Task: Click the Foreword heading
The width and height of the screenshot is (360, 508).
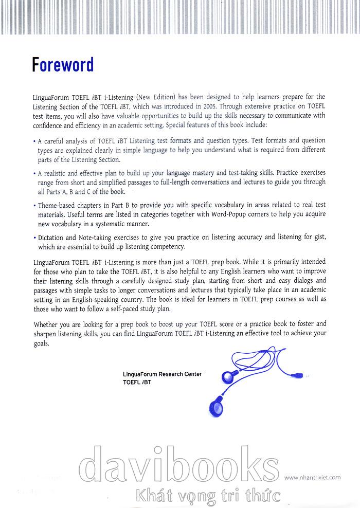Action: (x=63, y=65)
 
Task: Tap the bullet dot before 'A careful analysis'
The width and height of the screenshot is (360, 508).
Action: (x=34, y=141)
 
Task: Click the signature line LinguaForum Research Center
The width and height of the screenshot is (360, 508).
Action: (x=163, y=374)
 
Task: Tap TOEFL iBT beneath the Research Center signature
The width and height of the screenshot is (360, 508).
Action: (x=137, y=383)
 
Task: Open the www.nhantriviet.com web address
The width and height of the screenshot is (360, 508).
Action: (x=312, y=477)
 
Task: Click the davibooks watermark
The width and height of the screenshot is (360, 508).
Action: (x=180, y=466)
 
